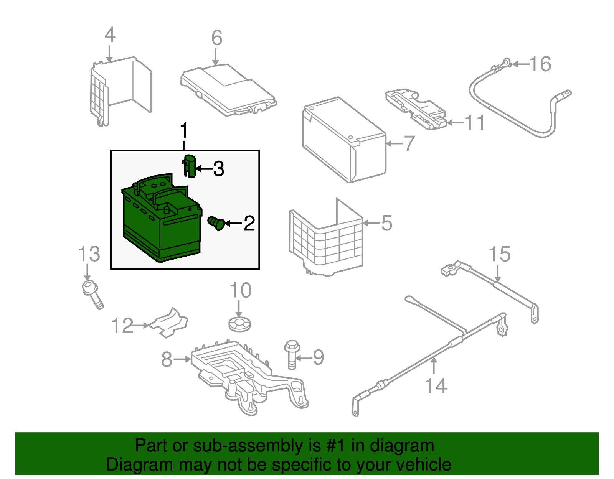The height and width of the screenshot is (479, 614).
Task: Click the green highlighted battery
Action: pyautogui.click(x=161, y=222)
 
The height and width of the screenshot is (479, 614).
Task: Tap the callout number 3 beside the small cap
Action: pyautogui.click(x=219, y=169)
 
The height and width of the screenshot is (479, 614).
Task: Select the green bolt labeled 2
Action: pyautogui.click(x=216, y=223)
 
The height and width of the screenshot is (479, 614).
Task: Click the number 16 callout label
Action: pyautogui.click(x=540, y=64)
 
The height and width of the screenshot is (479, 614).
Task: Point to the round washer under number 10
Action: pyautogui.click(x=239, y=324)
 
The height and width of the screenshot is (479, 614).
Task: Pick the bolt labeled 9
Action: pyautogui.click(x=291, y=354)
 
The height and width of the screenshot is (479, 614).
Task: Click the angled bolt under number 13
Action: pyautogui.click(x=92, y=293)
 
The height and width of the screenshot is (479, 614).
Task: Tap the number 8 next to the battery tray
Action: pyautogui.click(x=167, y=359)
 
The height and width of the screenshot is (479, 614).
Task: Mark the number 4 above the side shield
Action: pyautogui.click(x=110, y=35)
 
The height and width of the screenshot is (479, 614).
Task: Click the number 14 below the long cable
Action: pyautogui.click(x=436, y=385)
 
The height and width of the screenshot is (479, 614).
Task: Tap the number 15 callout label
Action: pyautogui.click(x=500, y=254)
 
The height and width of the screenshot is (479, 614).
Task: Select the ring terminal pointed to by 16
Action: pyautogui.click(x=506, y=62)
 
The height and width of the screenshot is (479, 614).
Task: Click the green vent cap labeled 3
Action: pyautogui.click(x=190, y=166)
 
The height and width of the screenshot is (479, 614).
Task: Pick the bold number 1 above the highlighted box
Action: pyautogui.click(x=184, y=131)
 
